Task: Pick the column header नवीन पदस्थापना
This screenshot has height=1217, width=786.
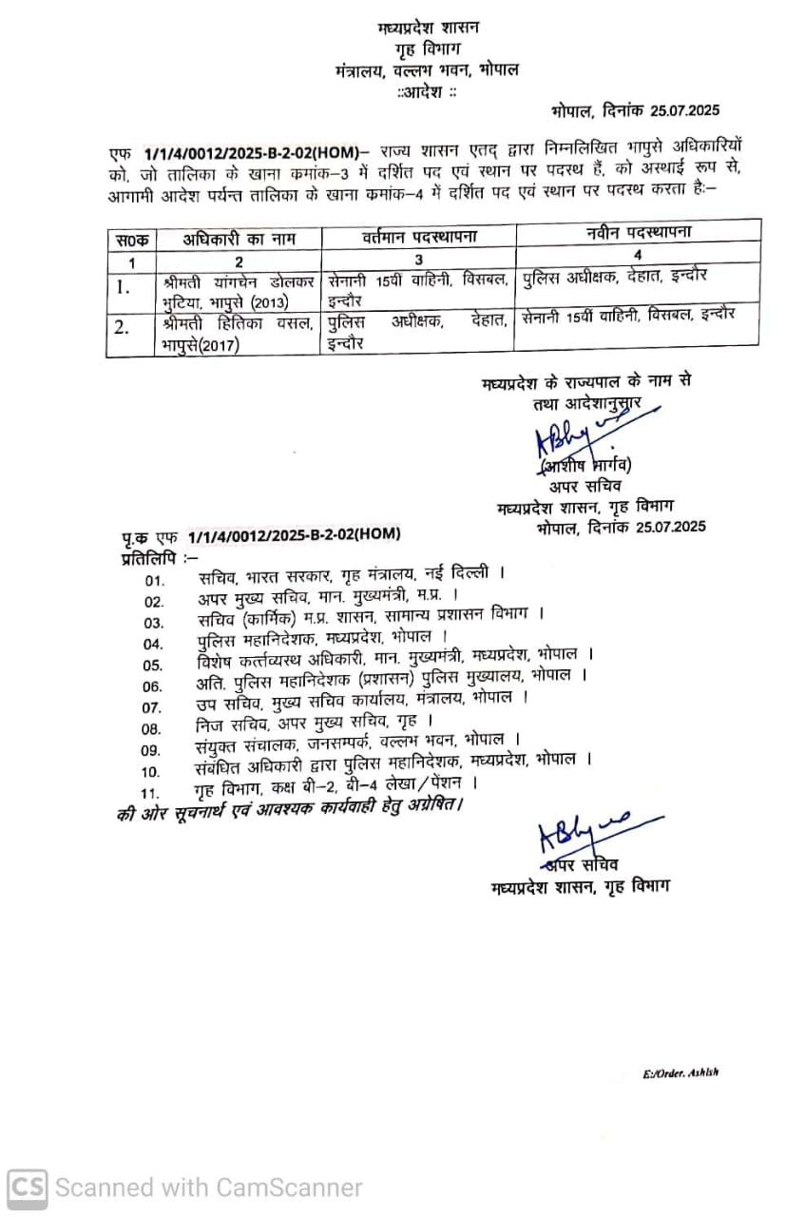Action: pos(638,233)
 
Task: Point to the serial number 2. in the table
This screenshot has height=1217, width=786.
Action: pos(122,328)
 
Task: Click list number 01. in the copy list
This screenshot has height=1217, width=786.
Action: pos(154,580)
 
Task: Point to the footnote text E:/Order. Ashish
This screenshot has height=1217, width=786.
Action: pos(681,1072)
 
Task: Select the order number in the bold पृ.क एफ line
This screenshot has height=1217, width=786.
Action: pos(294,537)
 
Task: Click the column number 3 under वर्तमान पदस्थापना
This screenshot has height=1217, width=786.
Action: pos(419,260)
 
